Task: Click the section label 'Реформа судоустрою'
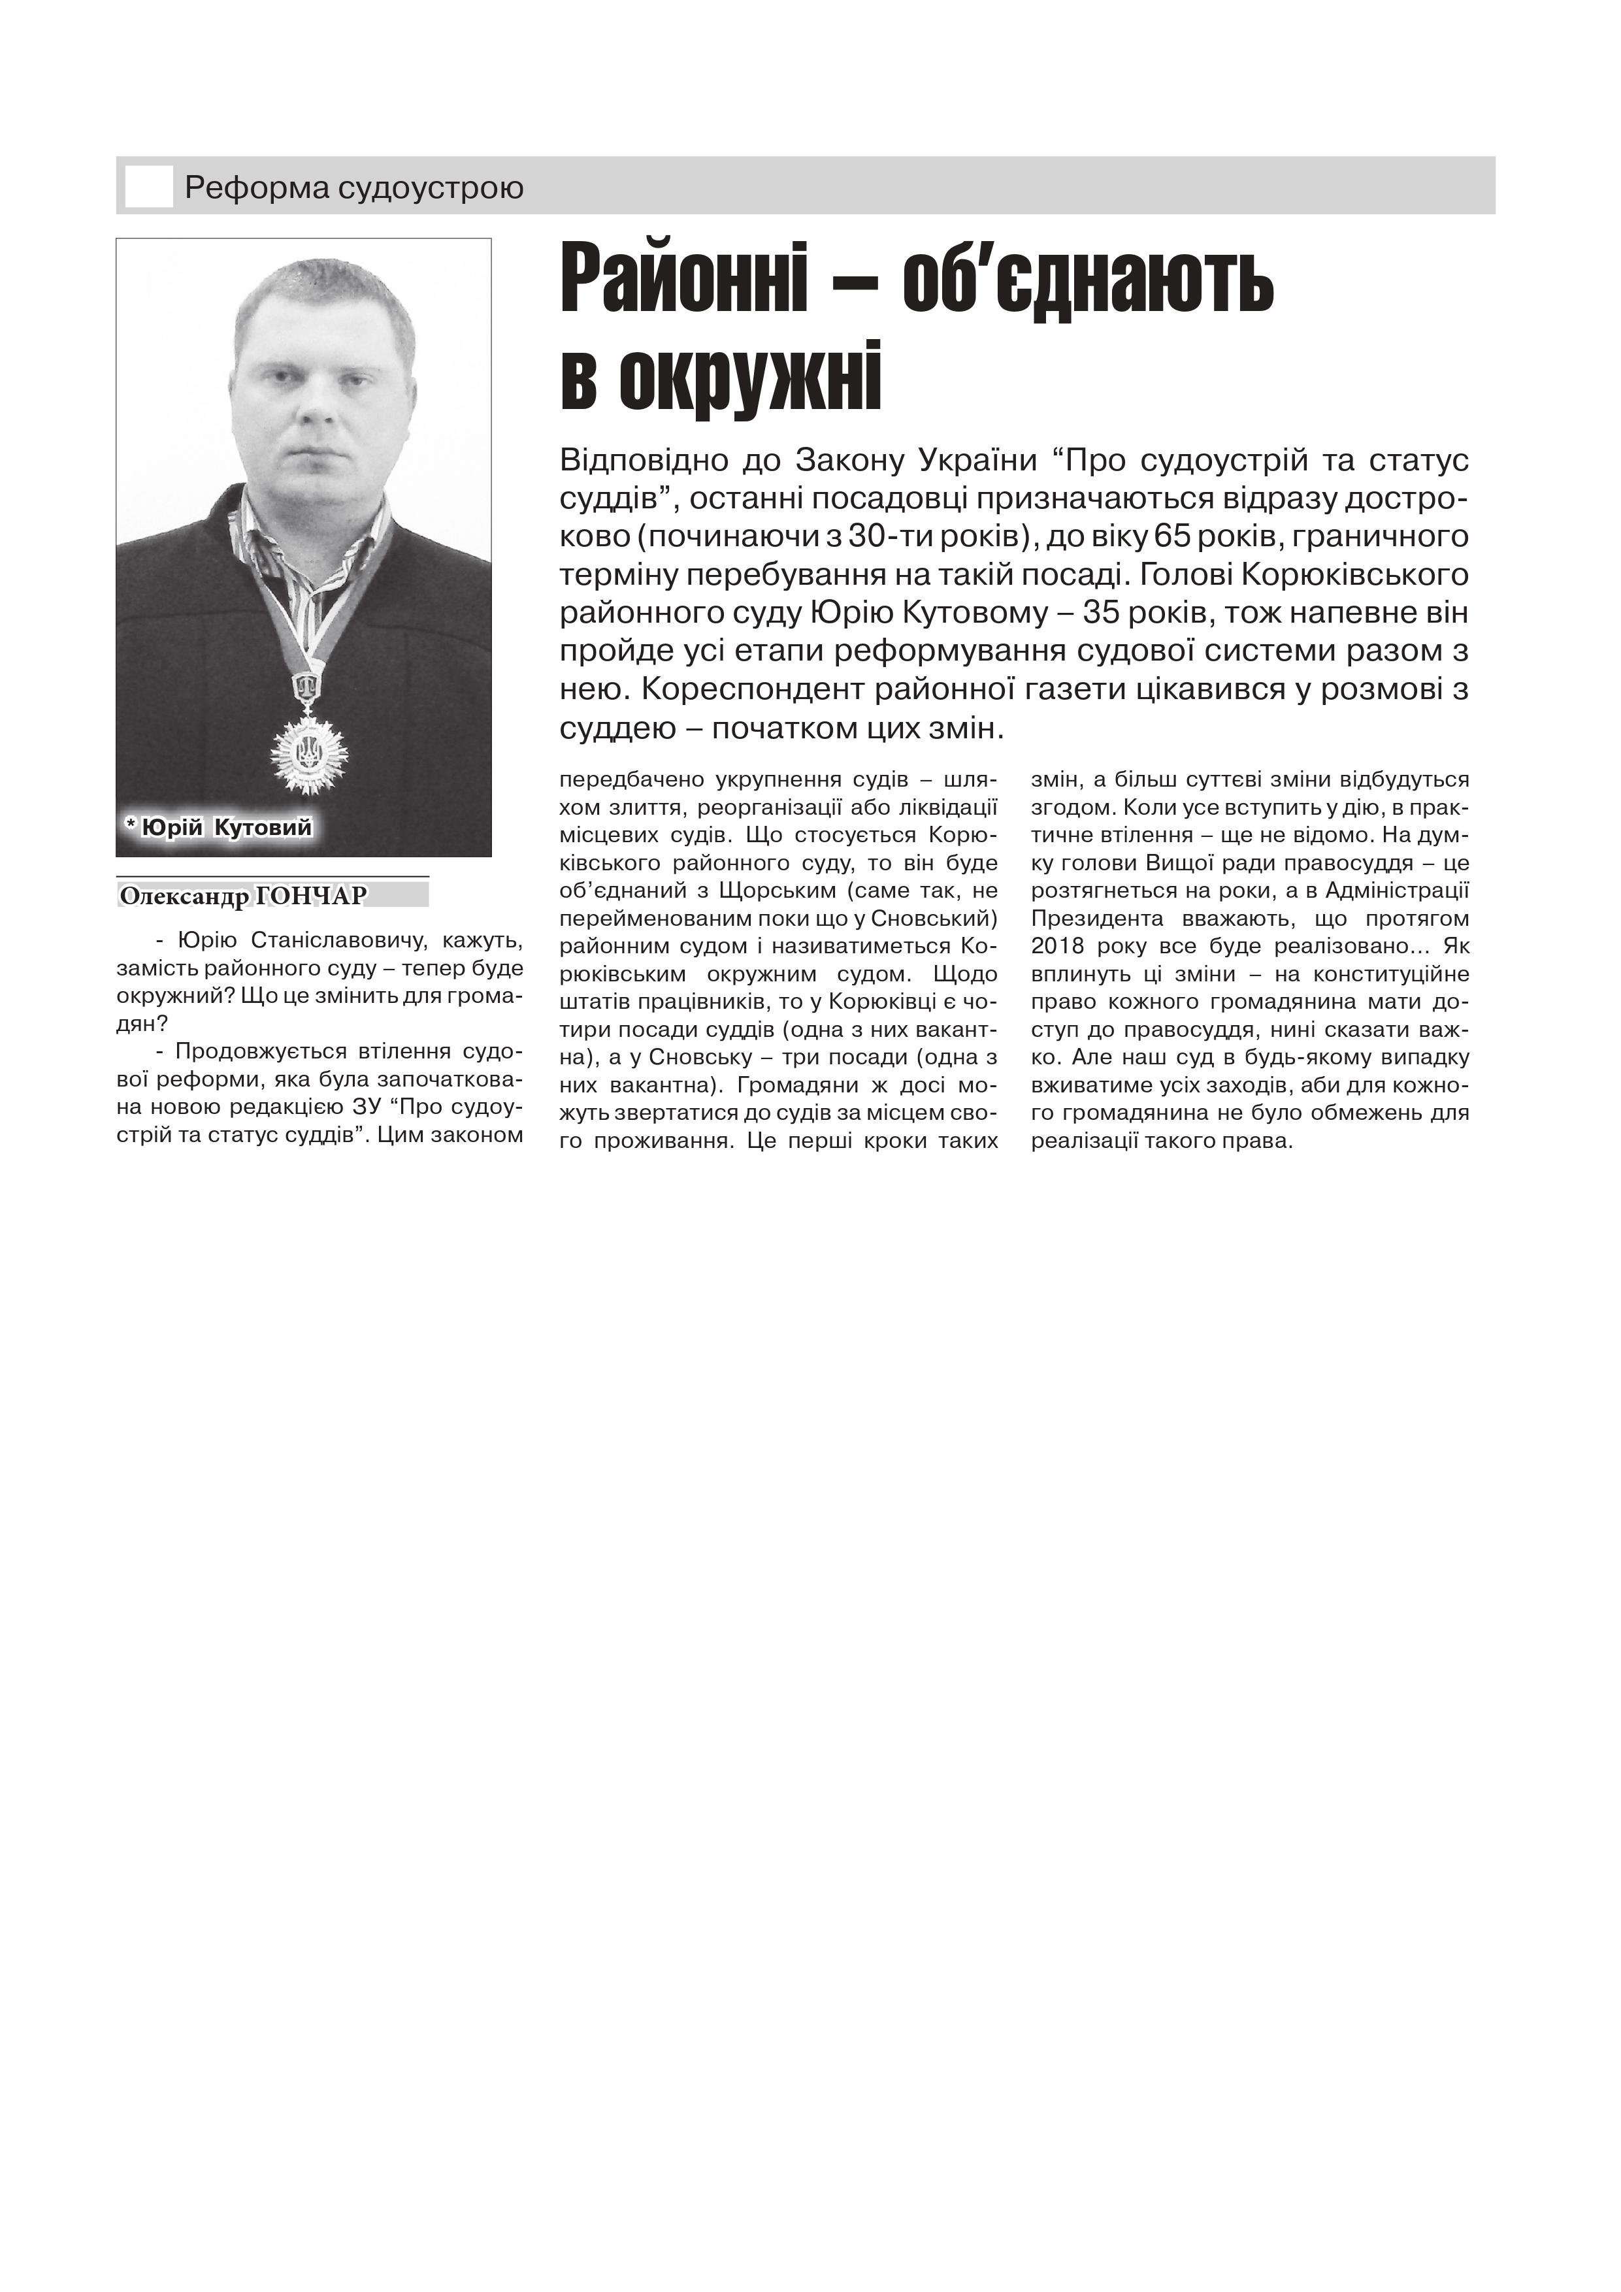click(354, 188)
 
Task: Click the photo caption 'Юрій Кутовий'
click(227, 828)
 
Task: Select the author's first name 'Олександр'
click(185, 896)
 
